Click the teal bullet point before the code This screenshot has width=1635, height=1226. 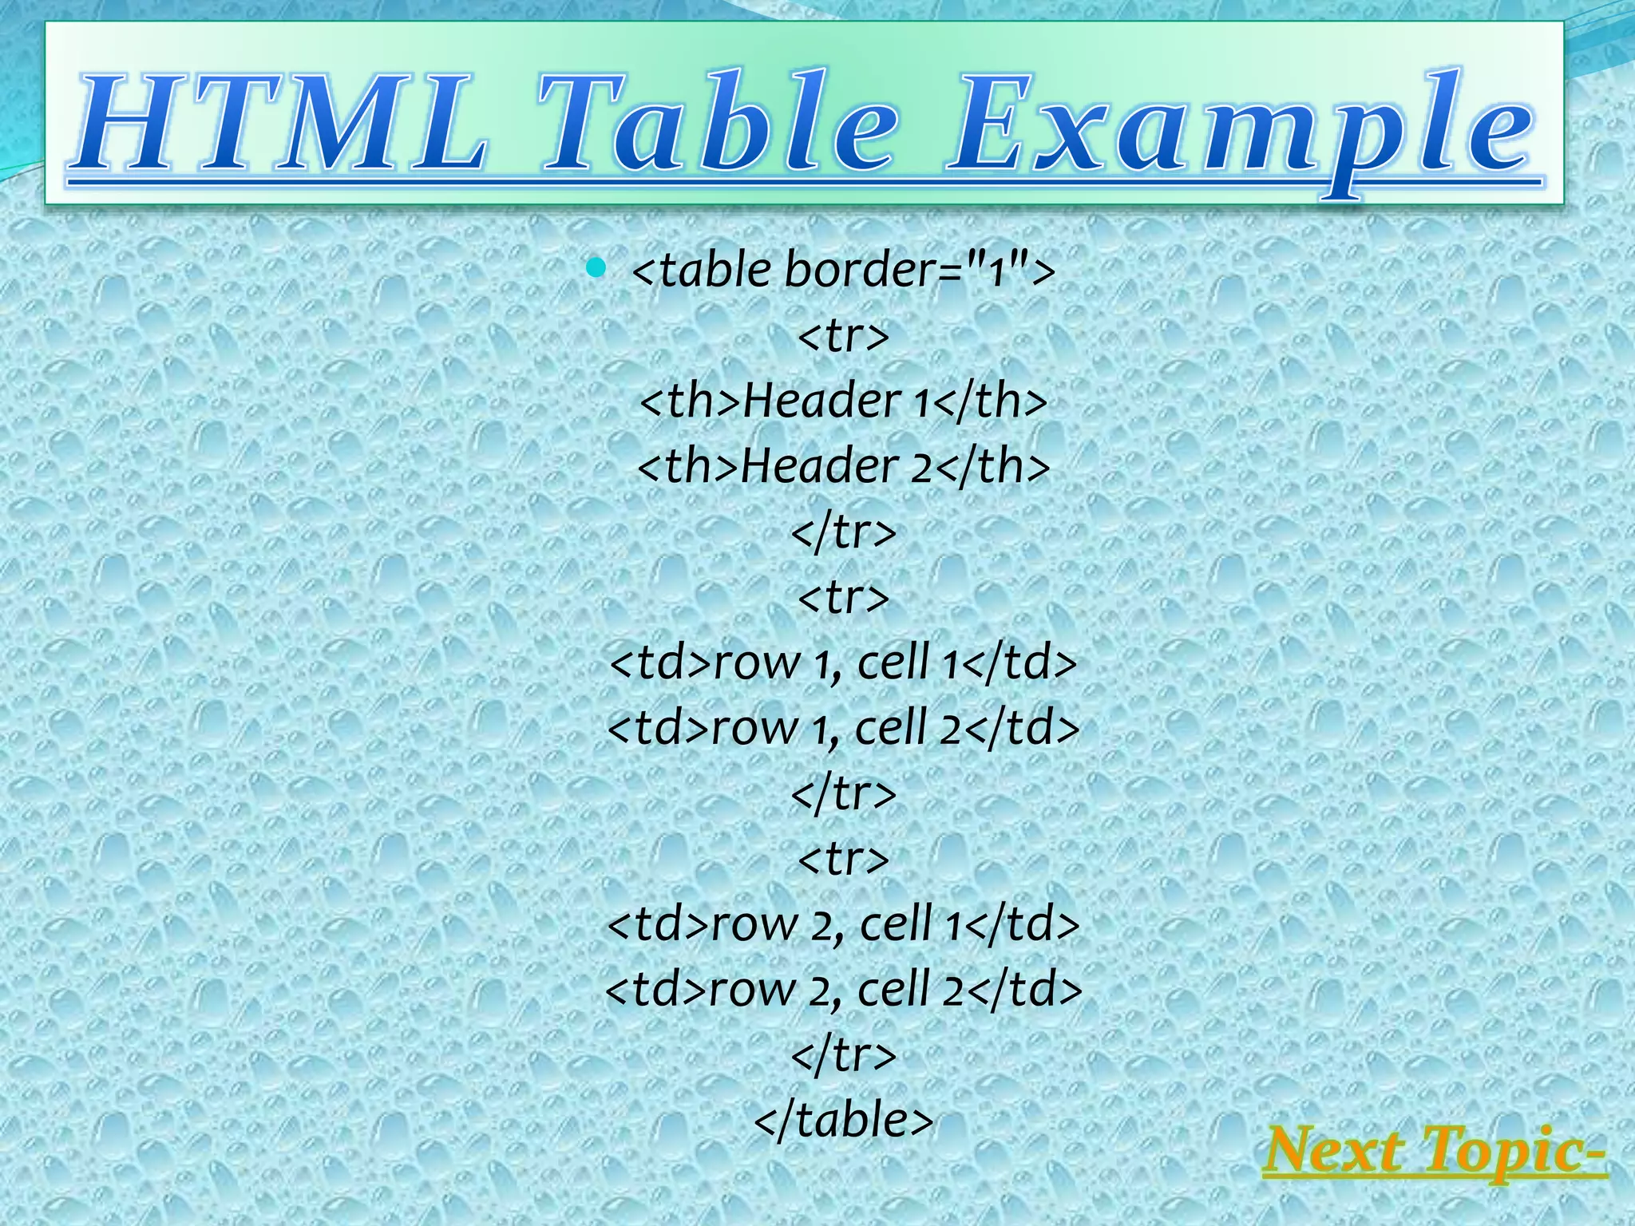(x=595, y=267)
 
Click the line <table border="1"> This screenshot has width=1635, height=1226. (x=843, y=270)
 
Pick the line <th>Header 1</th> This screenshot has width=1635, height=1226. (x=843, y=401)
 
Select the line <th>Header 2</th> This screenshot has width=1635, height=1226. (x=843, y=466)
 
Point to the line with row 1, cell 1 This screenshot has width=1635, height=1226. (x=843, y=662)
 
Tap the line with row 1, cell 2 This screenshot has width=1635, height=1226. (x=843, y=728)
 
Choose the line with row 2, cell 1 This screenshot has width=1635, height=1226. (x=843, y=924)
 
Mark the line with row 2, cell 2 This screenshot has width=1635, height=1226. (x=843, y=990)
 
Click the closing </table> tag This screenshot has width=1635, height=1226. (x=843, y=1121)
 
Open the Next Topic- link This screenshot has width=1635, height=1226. (x=1434, y=1152)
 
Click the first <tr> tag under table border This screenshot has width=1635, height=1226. (x=843, y=335)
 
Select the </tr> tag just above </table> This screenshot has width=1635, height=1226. (x=843, y=1055)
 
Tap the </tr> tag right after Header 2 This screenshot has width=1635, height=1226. (x=843, y=532)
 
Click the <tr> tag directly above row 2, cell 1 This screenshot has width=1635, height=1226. (x=843, y=859)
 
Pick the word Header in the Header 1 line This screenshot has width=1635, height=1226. (x=822, y=401)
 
